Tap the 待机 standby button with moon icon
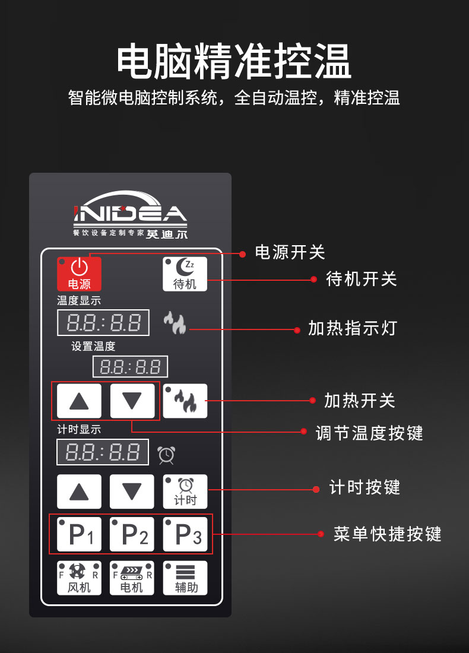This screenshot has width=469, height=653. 185,274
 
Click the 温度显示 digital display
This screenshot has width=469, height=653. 103,323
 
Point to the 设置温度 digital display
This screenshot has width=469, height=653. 130,366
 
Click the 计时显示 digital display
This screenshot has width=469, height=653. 102,452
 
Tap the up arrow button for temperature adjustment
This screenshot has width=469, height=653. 79,401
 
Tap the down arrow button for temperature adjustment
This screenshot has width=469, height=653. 132,401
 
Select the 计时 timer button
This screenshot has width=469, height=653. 185,492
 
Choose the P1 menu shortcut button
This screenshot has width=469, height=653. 79,534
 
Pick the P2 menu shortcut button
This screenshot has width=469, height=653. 132,534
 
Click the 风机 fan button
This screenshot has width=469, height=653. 79,578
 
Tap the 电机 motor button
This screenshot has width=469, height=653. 132,578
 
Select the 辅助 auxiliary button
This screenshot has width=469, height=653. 185,578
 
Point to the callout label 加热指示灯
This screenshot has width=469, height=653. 352,328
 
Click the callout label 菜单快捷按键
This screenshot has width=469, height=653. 387,534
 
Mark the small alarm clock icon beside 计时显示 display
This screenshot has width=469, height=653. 166,455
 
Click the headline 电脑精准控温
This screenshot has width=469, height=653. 234,61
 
